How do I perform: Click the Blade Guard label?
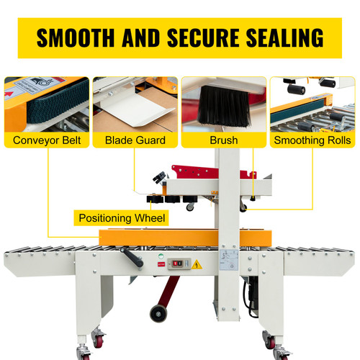pyautogui.click(x=135, y=140)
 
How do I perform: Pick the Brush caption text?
pyautogui.click(x=223, y=140)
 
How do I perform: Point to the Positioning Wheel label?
pyautogui.click(x=122, y=217)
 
